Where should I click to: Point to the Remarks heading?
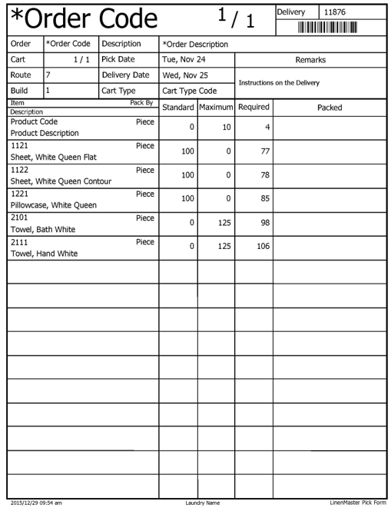pyautogui.click(x=310, y=59)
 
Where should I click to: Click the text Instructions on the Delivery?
pyautogui.click(x=280, y=82)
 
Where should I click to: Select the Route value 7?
pyautogui.click(x=48, y=75)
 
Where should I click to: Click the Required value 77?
pyautogui.click(x=265, y=151)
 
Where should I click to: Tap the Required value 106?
pyautogui.click(x=263, y=246)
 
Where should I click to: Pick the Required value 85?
pyautogui.click(x=265, y=198)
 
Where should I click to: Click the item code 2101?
pyautogui.click(x=20, y=217)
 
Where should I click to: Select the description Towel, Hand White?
pyautogui.click(x=43, y=253)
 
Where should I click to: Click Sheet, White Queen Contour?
pyautogui.click(x=61, y=181)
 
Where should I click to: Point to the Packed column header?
pyautogui.click(x=330, y=108)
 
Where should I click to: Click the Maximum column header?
pyautogui.click(x=216, y=107)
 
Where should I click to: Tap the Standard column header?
pyautogui.click(x=178, y=107)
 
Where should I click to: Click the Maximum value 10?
pyautogui.click(x=227, y=127)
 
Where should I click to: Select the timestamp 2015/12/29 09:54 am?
pyautogui.click(x=36, y=503)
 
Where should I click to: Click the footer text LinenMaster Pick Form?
pyautogui.click(x=357, y=502)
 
